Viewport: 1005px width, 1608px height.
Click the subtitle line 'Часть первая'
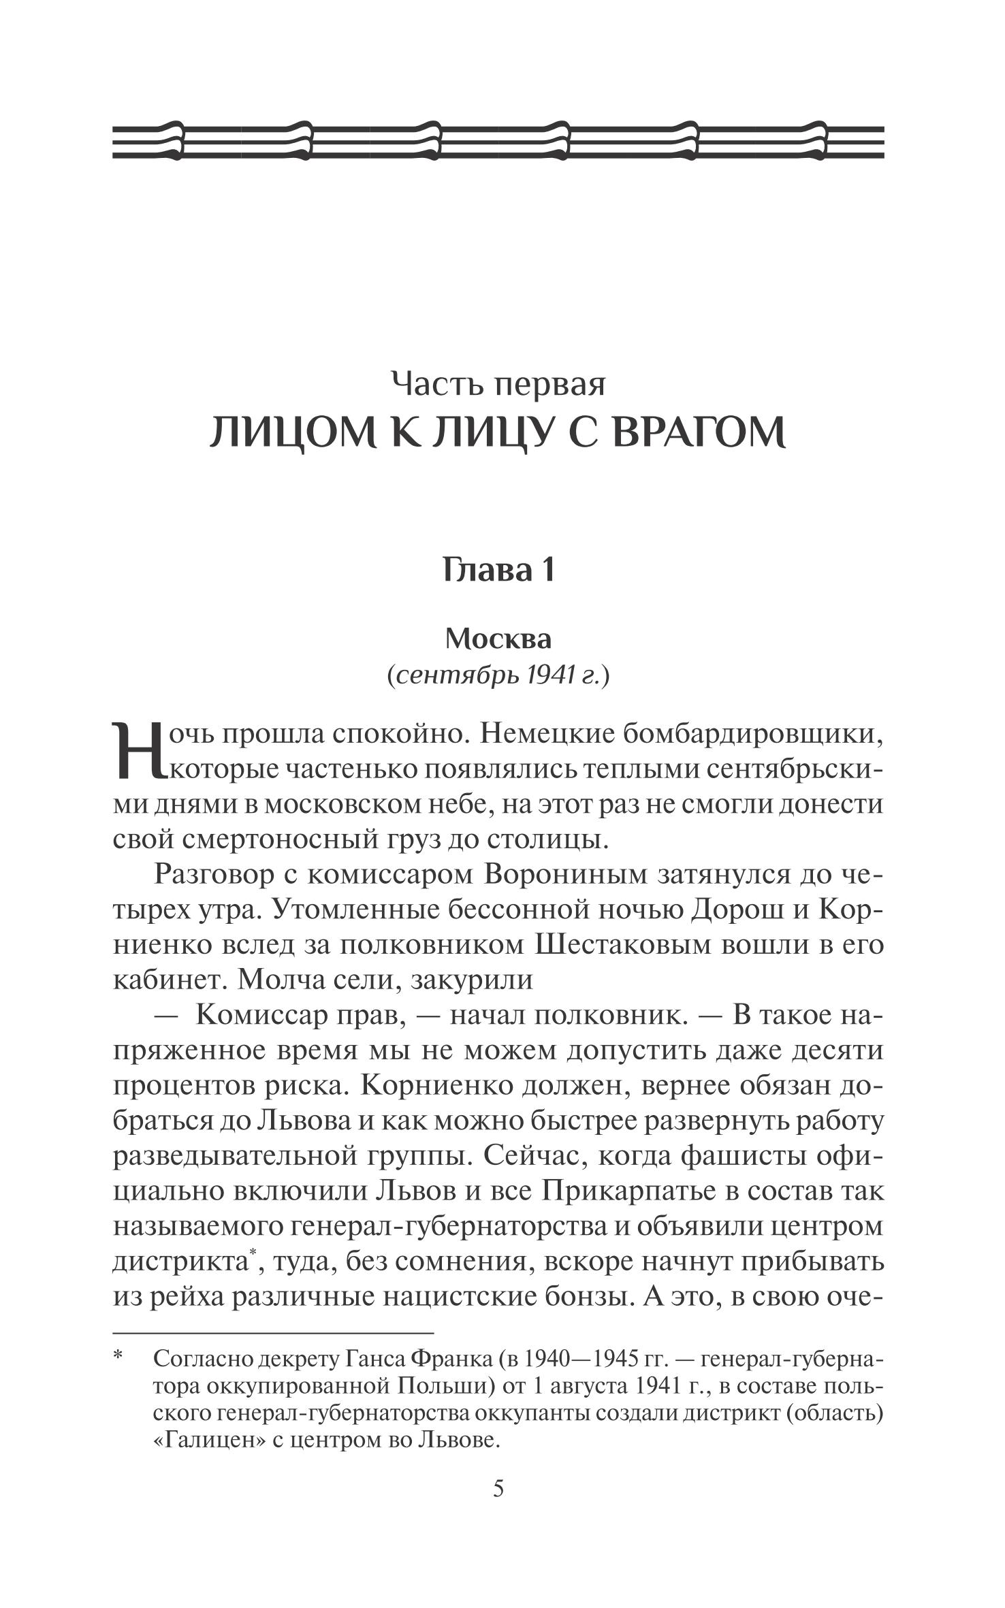498,385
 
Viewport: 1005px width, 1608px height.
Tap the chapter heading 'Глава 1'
498,569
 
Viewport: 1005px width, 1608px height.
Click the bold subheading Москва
498,639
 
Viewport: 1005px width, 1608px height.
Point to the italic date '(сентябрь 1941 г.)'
498,676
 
